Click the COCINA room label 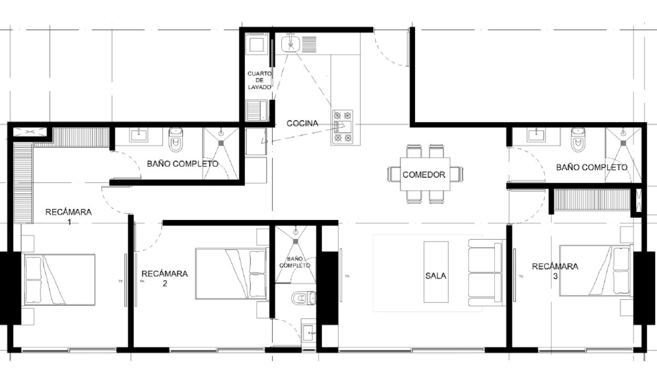[x=302, y=123]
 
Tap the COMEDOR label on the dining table [x=424, y=175]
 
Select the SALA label [x=436, y=276]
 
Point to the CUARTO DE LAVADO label [x=260, y=80]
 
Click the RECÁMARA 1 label [x=68, y=217]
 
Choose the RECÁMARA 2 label [x=165, y=278]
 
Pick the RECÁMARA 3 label [x=555, y=271]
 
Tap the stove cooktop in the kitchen [x=343, y=127]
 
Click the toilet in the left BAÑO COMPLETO [x=176, y=140]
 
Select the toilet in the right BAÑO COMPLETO [x=578, y=140]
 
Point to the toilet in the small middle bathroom [x=304, y=298]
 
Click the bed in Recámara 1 [x=60, y=280]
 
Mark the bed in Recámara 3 [x=596, y=270]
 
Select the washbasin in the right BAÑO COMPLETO [x=536, y=136]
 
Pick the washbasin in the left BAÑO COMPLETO [x=139, y=136]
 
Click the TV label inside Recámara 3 [x=521, y=276]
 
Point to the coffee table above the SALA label [x=436, y=272]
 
